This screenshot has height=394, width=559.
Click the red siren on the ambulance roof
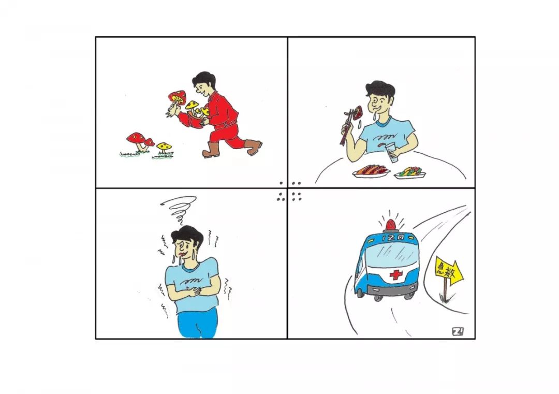click(391, 225)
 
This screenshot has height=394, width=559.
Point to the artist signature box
click(458, 331)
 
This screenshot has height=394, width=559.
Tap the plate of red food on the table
click(371, 172)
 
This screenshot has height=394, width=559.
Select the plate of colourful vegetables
click(410, 173)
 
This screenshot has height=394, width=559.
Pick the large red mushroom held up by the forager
click(177, 97)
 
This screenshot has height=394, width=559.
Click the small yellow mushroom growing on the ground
click(164, 147)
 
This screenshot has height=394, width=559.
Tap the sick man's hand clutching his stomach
click(194, 291)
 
